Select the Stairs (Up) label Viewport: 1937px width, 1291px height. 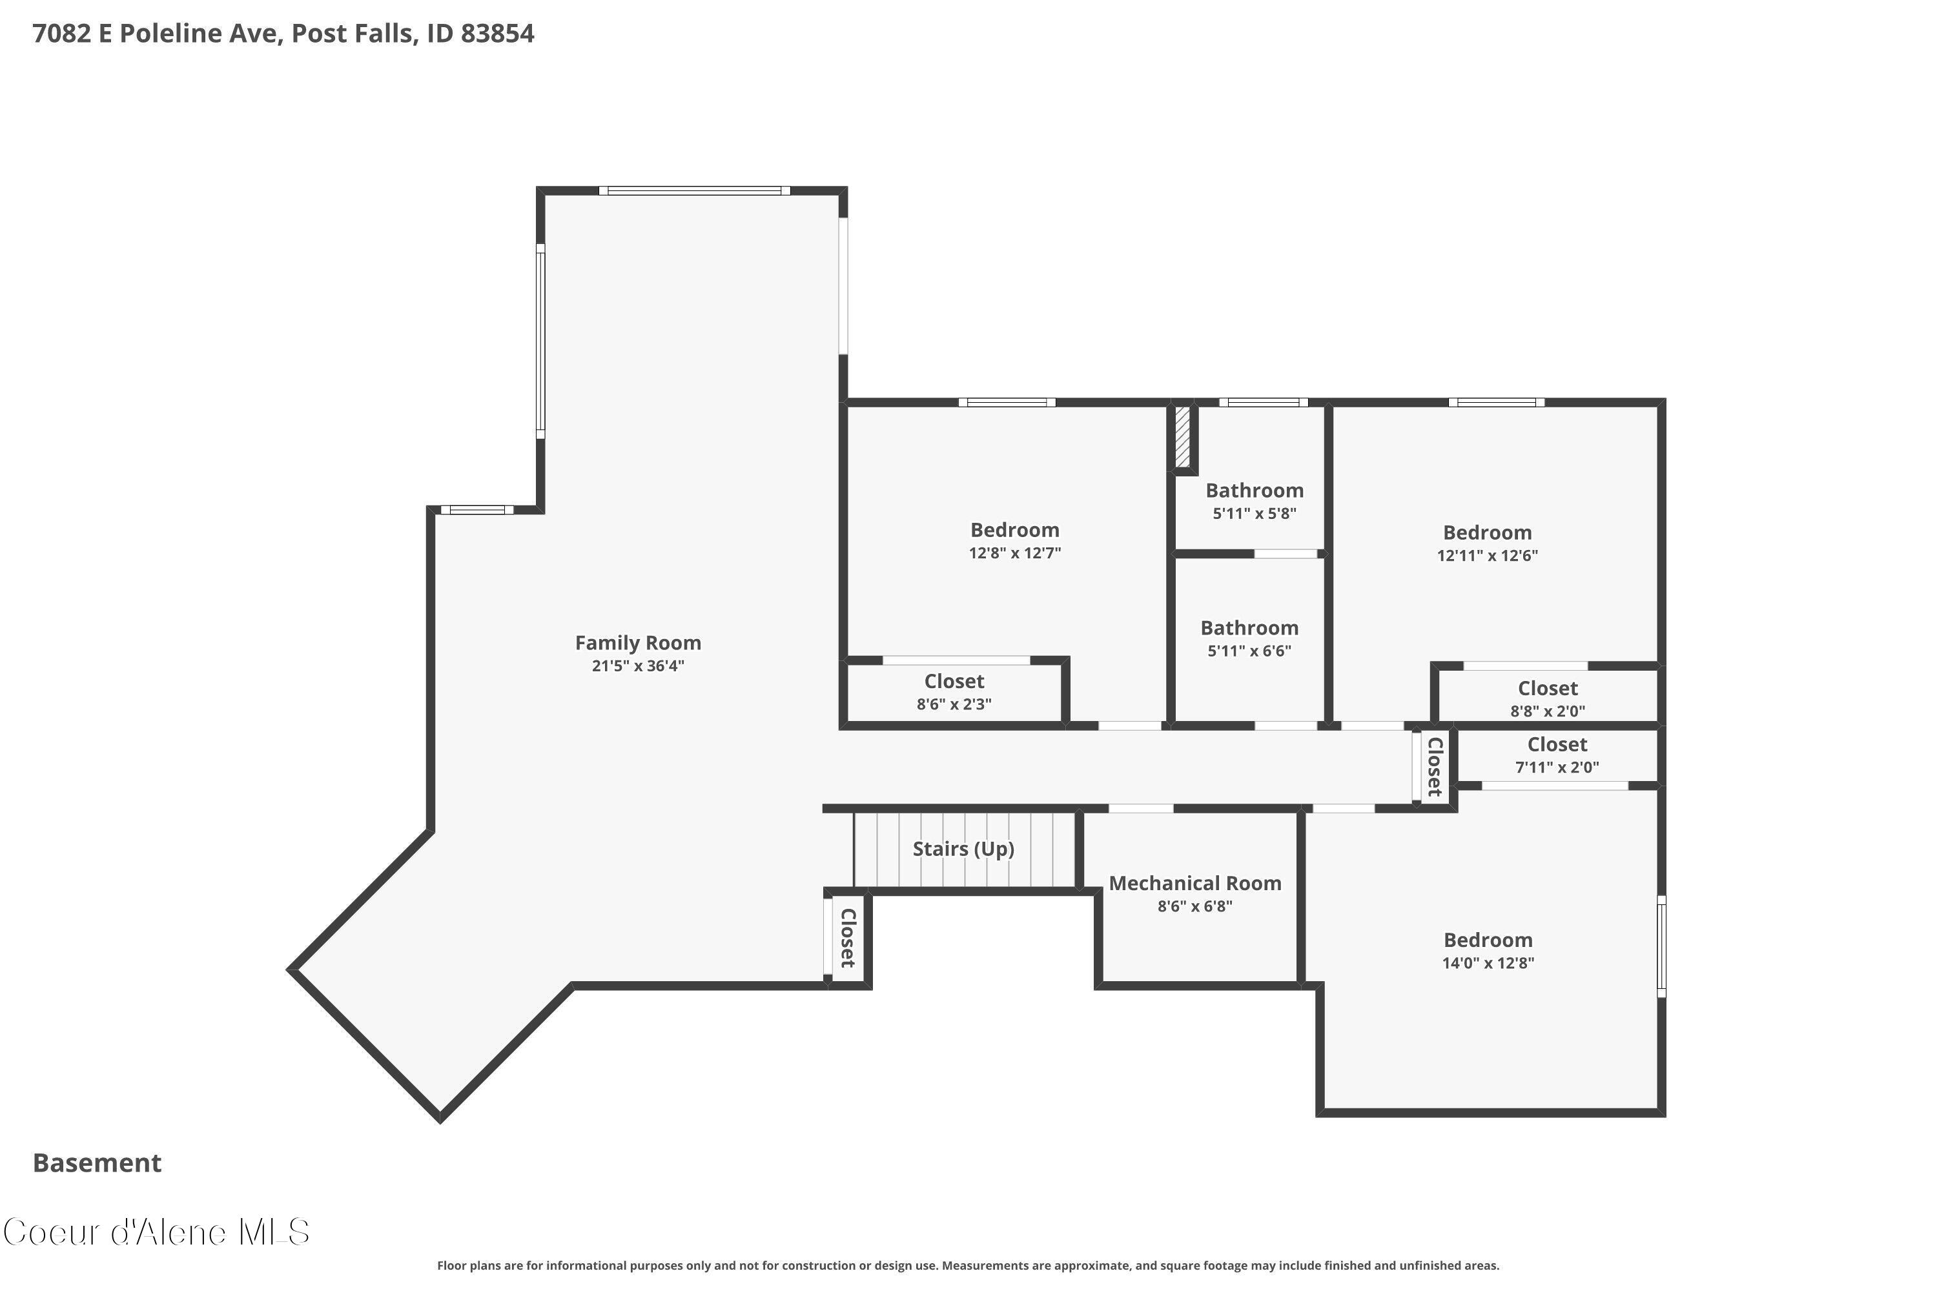tap(963, 849)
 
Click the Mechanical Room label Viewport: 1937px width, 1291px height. tap(1195, 884)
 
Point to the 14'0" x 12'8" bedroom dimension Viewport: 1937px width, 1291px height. tap(1488, 962)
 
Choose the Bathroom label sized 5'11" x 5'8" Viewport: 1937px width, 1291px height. tap(1255, 491)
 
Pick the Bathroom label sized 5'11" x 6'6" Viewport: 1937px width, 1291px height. tap(1249, 628)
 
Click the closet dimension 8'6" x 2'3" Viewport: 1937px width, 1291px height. tap(954, 704)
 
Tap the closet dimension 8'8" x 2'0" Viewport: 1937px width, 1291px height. tap(1548, 711)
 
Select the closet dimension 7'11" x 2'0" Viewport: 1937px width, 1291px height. tap(1557, 767)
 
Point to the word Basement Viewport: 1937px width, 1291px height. tap(97, 1163)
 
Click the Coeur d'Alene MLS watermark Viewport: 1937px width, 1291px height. tap(156, 1232)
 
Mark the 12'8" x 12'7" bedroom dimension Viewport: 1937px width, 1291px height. tap(1014, 553)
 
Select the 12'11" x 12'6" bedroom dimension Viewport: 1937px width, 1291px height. tap(1488, 555)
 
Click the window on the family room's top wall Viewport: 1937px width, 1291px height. tap(694, 191)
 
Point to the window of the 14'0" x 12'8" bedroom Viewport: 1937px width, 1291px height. tap(1661, 946)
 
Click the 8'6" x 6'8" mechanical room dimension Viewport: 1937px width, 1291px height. tap(1195, 906)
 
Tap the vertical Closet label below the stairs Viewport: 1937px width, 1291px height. tap(847, 938)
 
